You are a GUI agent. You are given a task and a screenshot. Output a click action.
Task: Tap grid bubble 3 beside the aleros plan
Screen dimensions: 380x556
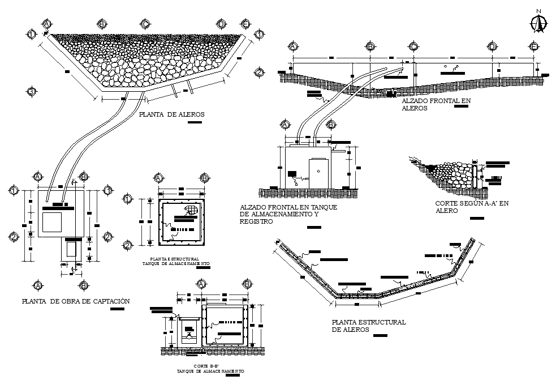32,92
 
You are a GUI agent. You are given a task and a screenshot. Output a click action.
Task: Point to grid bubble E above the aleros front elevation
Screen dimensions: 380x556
533,46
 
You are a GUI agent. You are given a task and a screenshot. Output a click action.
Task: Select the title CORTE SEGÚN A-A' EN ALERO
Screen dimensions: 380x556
472,207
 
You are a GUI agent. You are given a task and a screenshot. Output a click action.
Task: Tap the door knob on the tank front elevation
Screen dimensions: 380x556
319,170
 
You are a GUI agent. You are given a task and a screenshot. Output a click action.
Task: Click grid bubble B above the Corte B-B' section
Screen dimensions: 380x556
247,284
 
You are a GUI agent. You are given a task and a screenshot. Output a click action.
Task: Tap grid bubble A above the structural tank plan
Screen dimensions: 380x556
159,178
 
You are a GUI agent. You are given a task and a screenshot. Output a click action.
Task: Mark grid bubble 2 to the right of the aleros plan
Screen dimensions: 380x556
258,72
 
